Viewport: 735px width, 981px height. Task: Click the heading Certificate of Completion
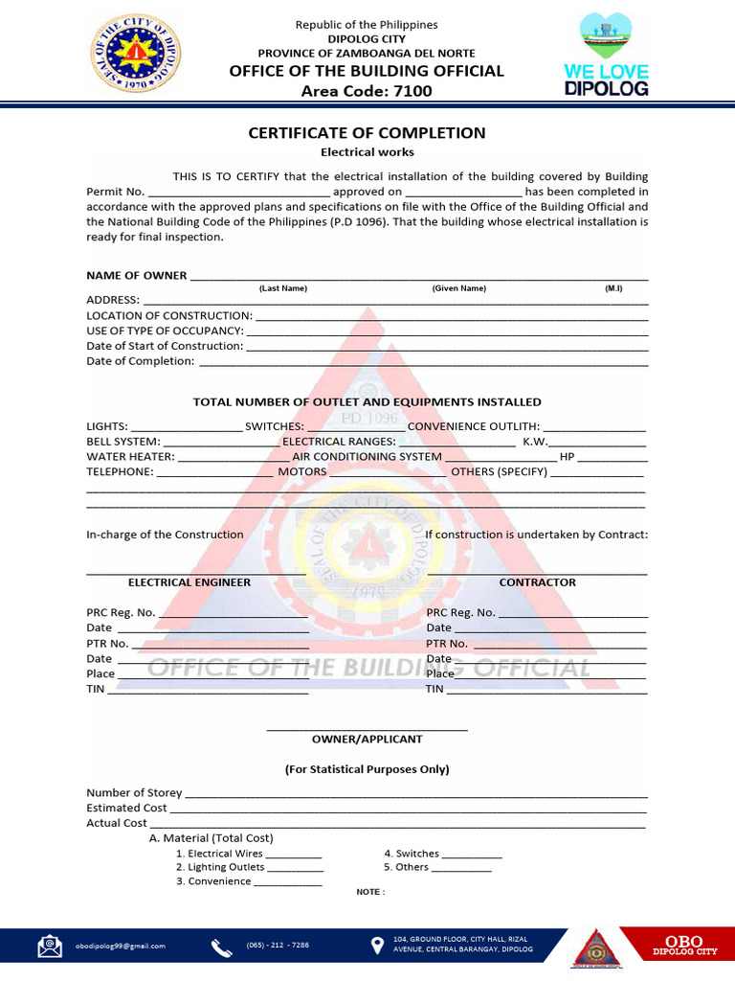[x=367, y=133]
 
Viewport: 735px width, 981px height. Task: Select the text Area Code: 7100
[x=367, y=91]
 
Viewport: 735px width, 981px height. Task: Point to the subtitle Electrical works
[x=367, y=152]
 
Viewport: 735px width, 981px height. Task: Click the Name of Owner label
[x=137, y=276]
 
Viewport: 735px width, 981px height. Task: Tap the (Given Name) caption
[x=459, y=288]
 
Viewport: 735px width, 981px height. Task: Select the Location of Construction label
[x=169, y=315]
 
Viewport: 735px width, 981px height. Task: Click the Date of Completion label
[x=140, y=361]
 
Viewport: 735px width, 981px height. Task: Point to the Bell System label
[x=122, y=442]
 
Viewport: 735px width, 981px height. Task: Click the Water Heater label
[x=130, y=457]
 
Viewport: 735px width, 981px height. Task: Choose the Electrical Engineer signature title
[x=189, y=582]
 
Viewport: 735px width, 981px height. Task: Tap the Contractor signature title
[x=538, y=582]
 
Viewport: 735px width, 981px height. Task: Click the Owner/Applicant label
[x=367, y=740]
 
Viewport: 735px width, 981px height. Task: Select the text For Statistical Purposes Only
[x=367, y=769]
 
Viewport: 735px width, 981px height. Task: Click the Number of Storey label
[x=134, y=793]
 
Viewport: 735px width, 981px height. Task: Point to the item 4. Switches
[x=412, y=854]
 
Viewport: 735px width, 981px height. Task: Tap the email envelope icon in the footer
[x=50, y=947]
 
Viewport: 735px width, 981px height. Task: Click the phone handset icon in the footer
[x=222, y=947]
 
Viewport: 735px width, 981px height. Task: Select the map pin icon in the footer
[x=378, y=947]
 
